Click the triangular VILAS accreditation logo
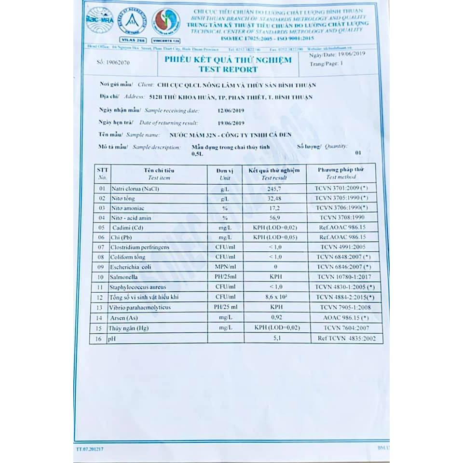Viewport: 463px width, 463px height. click(x=131, y=22)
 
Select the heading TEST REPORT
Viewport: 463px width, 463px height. click(x=228, y=69)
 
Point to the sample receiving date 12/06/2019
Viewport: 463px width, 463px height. click(x=231, y=110)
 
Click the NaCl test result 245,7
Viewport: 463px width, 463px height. click(x=274, y=189)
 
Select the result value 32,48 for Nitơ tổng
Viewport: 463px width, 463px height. click(x=273, y=198)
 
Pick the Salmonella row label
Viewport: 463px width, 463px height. click(x=124, y=277)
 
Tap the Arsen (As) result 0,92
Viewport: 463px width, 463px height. click(x=275, y=318)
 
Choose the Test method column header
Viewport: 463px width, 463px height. click(x=340, y=174)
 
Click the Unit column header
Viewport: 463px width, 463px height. click(x=225, y=174)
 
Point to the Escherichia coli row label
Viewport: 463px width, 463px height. click(x=131, y=267)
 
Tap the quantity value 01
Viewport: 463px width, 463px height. click(x=357, y=152)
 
